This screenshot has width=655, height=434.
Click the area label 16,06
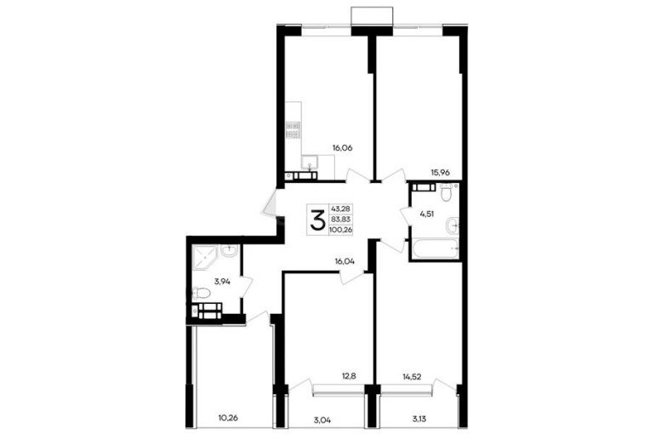(343, 147)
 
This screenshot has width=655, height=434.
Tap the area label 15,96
(441, 172)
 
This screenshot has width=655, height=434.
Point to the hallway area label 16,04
(345, 261)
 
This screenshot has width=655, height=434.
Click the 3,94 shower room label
(222, 282)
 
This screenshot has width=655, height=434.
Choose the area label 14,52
(412, 377)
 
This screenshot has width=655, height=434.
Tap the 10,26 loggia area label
(228, 417)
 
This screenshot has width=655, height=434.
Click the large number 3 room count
(317, 220)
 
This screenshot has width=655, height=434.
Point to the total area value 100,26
(342, 230)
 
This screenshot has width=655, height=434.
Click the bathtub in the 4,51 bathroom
(436, 248)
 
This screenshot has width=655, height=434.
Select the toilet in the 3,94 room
(202, 294)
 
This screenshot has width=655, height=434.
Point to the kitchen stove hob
(293, 129)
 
